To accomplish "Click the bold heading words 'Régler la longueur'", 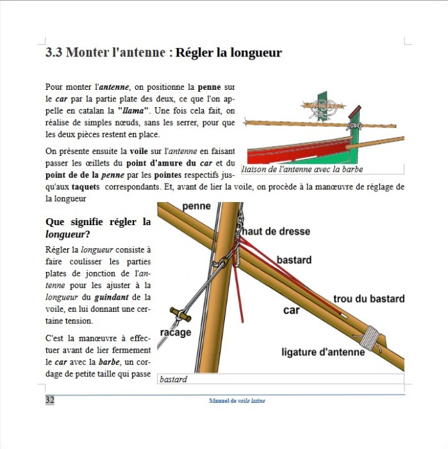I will pyautogui.click(x=229, y=53).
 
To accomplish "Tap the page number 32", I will pyautogui.click(x=50, y=400).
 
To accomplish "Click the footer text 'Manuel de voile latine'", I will pyautogui.click(x=236, y=401).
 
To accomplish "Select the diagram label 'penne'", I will pyautogui.click(x=196, y=207).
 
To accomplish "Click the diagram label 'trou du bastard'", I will pyautogui.click(x=369, y=299).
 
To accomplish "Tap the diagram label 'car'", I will pyautogui.click(x=292, y=310).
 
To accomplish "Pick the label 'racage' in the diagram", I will pyautogui.click(x=174, y=333).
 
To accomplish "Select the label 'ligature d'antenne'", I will pyautogui.click(x=323, y=352).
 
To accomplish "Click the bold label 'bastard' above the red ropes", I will pyautogui.click(x=294, y=260).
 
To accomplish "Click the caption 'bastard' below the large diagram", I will pyautogui.click(x=174, y=379).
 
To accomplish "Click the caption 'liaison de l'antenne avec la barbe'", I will pyautogui.click(x=303, y=169).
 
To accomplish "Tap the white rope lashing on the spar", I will pyautogui.click(x=370, y=336).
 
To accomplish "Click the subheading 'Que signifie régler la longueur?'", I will pyautogui.click(x=98, y=228).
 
